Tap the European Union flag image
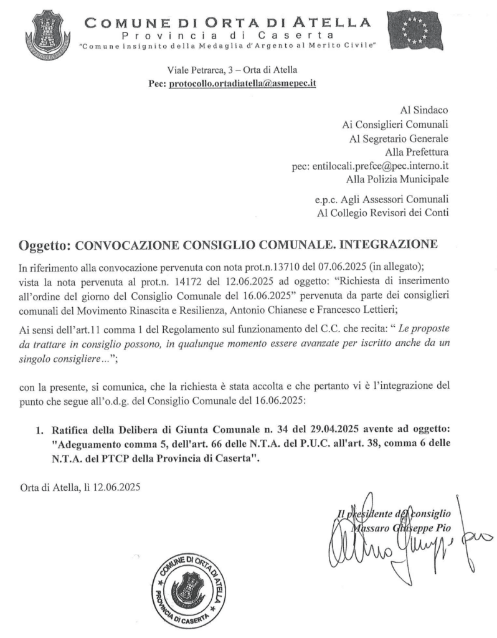pyautogui.click(x=417, y=31)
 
